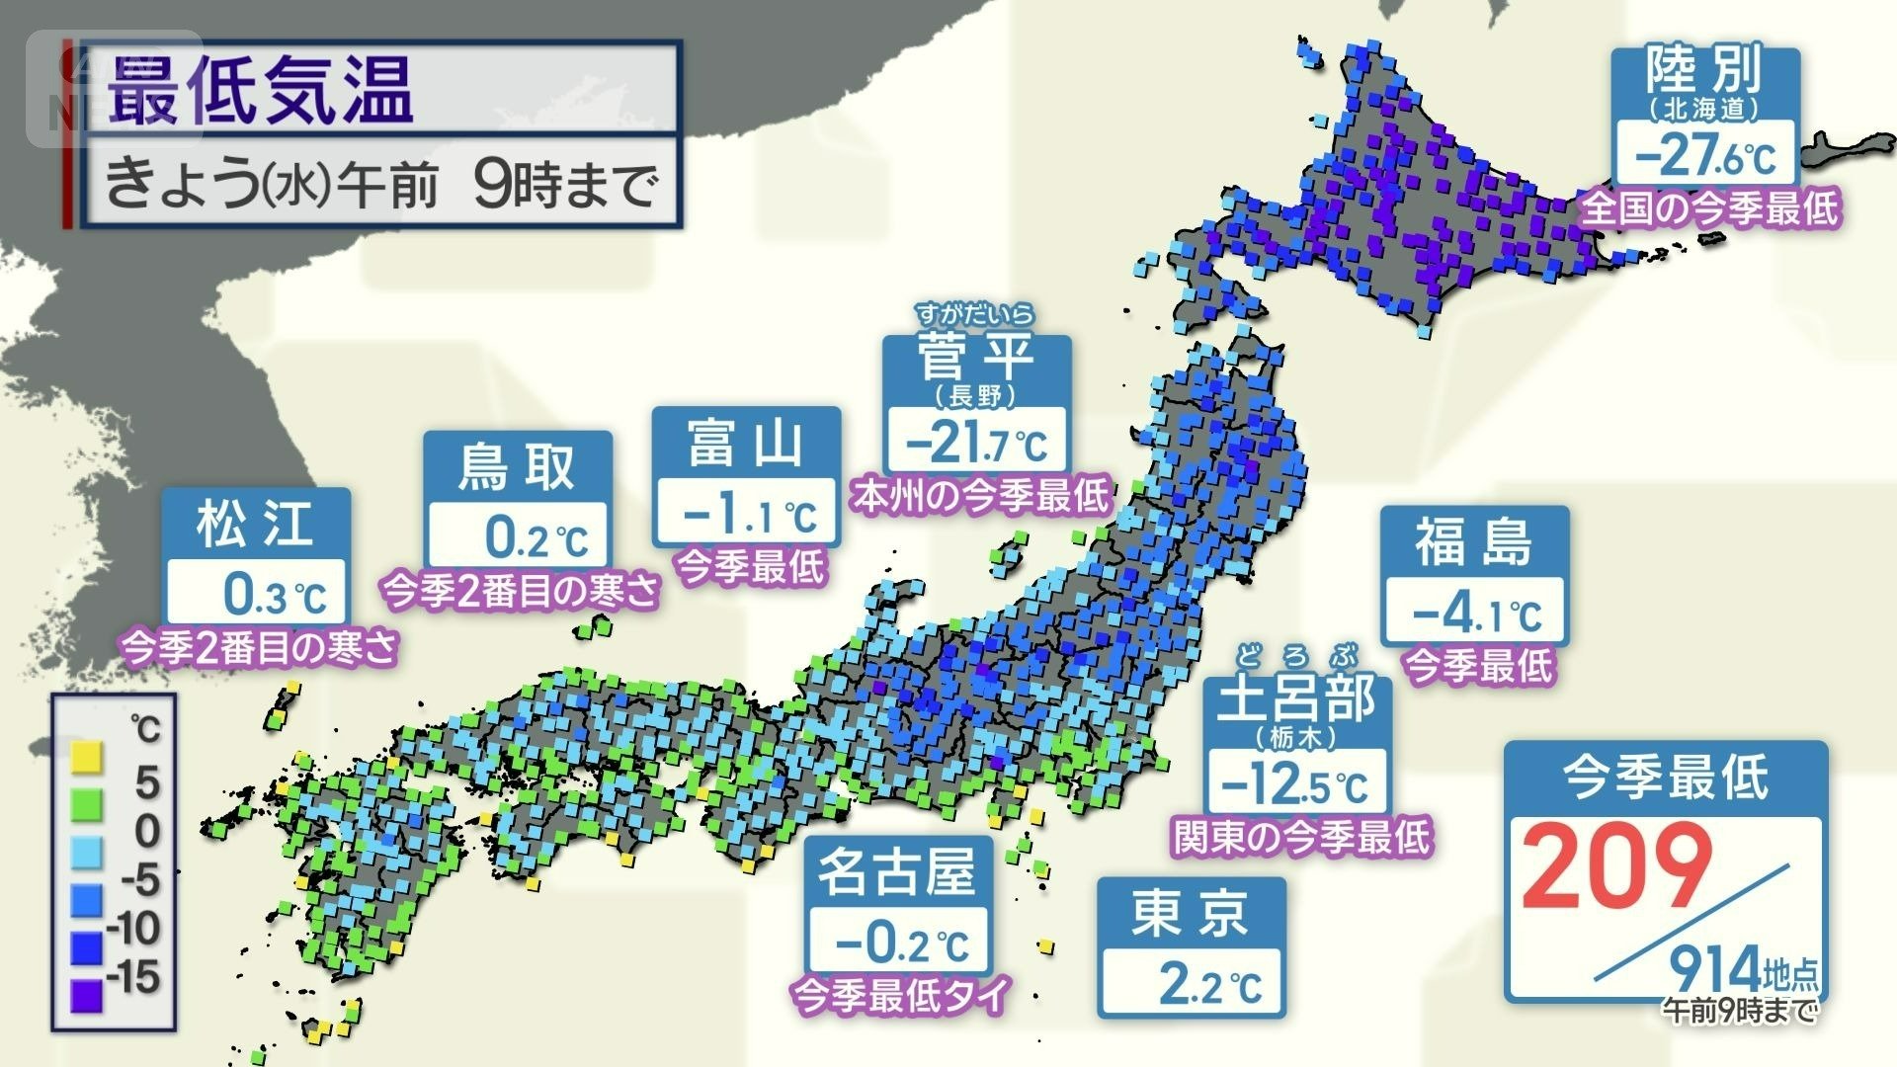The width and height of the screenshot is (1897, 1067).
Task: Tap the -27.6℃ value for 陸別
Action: (x=1705, y=155)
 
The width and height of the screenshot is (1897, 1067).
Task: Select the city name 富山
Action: (x=746, y=444)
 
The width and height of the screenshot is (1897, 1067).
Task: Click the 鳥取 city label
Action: (x=517, y=467)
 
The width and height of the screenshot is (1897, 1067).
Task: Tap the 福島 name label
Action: (x=1473, y=542)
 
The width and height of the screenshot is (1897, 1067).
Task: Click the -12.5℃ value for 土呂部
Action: (x=1295, y=785)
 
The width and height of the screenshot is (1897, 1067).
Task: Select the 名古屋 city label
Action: (x=897, y=872)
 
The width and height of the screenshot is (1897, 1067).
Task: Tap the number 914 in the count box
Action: (x=1715, y=969)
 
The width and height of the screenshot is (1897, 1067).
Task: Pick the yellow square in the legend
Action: (x=87, y=758)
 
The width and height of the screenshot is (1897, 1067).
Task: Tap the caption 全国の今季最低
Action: (x=1710, y=208)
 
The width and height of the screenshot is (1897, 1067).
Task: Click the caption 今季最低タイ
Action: (x=900, y=993)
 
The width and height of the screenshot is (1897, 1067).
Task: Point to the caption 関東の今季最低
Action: (x=1300, y=837)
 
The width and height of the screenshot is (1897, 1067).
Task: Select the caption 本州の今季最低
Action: (x=980, y=495)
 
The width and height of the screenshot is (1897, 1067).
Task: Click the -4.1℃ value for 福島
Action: (x=1476, y=615)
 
